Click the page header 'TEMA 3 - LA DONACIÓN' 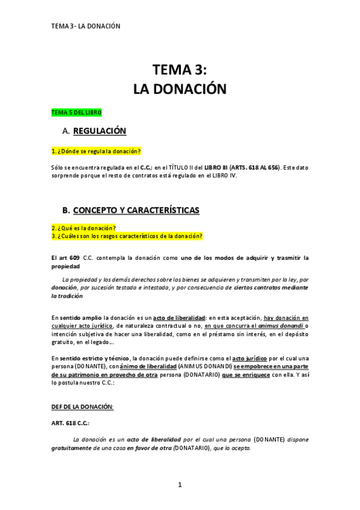[x=86, y=26]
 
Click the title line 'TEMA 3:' [x=180, y=70]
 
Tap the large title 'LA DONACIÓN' [x=180, y=89]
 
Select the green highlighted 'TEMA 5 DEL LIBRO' [x=76, y=112]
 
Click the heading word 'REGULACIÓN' [x=99, y=131]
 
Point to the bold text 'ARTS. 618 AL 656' [x=255, y=167]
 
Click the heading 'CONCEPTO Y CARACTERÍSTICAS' [x=136, y=210]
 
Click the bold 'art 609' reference [x=63, y=258]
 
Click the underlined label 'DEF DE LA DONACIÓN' [x=82, y=407]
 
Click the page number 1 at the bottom [x=180, y=485]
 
